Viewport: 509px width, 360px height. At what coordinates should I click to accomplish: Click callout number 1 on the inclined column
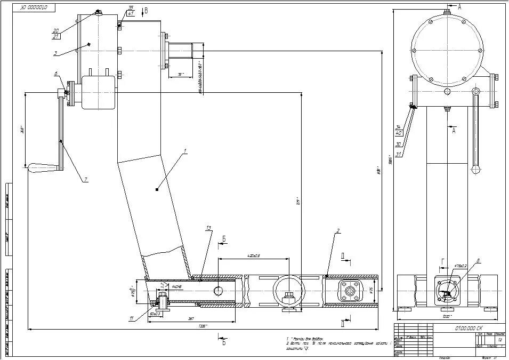[x=185, y=152]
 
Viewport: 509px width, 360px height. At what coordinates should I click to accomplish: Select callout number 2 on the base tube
[x=337, y=231]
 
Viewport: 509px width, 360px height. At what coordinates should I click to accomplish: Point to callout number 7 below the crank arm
[x=85, y=180]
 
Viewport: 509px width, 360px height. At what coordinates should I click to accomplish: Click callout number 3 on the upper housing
[x=55, y=74]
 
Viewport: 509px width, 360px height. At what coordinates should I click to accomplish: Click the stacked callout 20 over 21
[x=56, y=33]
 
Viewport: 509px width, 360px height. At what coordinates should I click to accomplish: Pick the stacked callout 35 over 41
[x=131, y=11]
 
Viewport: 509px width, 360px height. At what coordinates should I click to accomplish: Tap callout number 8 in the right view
[x=478, y=260]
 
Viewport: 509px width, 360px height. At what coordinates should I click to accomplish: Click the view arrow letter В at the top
[x=147, y=10]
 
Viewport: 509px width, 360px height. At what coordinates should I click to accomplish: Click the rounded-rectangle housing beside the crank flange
[x=98, y=92]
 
